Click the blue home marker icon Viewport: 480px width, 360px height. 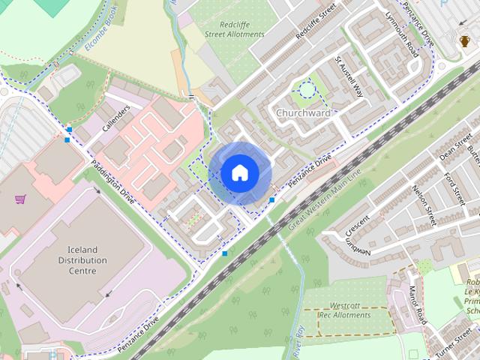239,172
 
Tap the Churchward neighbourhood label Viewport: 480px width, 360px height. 303,113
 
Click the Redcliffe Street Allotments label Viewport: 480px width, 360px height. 235,28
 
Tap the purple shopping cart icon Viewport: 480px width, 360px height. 21,199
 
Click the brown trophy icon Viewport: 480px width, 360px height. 466,41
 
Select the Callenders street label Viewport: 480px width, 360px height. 116,118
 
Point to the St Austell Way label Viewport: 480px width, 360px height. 349,77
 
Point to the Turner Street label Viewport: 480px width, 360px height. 453,337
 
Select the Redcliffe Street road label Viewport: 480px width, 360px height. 316,25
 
